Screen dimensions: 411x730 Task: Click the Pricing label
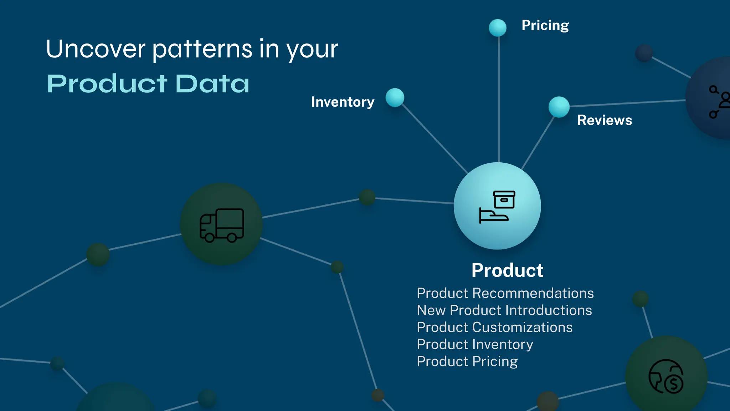point(545,26)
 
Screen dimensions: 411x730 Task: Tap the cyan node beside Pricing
point(498,28)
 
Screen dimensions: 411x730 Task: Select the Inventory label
point(343,102)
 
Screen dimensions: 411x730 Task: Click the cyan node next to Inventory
point(395,97)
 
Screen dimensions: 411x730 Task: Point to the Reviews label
point(605,120)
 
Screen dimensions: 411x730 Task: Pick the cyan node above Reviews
point(559,107)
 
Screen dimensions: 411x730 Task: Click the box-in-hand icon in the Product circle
point(497,207)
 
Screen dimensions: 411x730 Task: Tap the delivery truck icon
point(222,225)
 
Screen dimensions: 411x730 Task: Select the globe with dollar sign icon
point(666,376)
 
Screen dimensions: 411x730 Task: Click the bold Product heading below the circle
point(507,270)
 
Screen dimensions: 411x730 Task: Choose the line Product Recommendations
point(505,293)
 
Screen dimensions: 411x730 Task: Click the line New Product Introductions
point(504,310)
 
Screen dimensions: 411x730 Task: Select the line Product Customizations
point(495,328)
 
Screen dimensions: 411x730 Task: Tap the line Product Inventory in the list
point(475,345)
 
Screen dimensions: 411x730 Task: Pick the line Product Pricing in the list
point(467,362)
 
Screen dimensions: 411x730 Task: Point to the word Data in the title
point(212,84)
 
